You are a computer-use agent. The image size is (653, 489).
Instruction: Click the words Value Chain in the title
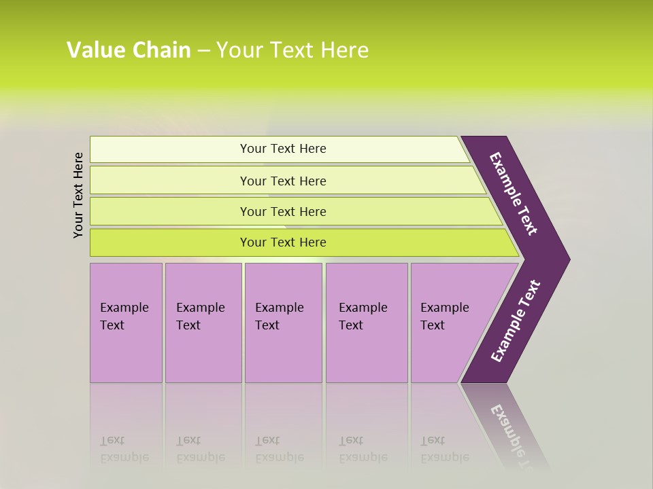pos(129,50)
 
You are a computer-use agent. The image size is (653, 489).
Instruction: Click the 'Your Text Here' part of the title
pos(292,50)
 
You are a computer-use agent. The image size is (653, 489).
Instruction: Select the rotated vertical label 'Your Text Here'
pos(78,195)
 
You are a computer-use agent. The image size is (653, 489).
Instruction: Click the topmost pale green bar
pos(282,149)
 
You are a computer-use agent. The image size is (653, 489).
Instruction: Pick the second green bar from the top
pos(282,181)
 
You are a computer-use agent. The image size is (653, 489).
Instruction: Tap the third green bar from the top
pos(282,211)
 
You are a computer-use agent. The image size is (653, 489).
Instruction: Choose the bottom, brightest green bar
pos(282,242)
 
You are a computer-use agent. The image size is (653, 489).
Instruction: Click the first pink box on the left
pos(126,323)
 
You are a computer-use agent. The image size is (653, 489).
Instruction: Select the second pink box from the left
pos(203,323)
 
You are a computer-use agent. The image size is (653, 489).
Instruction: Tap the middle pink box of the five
pos(283,323)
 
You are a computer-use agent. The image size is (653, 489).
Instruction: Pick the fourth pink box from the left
pos(366,323)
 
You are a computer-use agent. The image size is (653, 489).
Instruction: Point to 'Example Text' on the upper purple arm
pos(514,194)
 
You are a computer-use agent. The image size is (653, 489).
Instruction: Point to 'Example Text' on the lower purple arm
pos(515,321)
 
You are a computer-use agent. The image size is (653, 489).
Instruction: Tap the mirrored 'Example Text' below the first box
pos(124,450)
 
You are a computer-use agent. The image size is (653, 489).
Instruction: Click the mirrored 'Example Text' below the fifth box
pos(445,450)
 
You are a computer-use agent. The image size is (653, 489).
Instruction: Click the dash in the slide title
pos(203,50)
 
